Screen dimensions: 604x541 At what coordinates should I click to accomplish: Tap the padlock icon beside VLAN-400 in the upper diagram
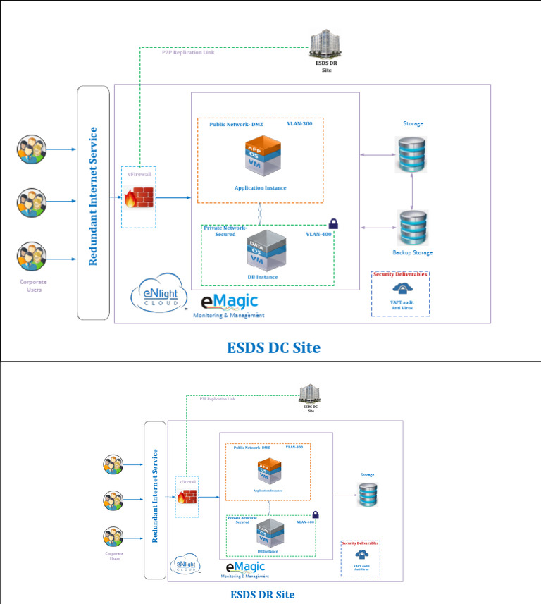coord(332,223)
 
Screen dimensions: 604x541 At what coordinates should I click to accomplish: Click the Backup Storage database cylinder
coord(413,228)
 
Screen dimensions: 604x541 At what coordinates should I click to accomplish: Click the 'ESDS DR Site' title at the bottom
coord(262,594)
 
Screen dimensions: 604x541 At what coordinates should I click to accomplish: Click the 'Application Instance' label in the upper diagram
coord(260,188)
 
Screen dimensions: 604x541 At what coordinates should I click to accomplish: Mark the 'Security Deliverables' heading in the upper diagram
coord(400,274)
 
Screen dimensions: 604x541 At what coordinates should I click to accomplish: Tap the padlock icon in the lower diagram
coord(316,514)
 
